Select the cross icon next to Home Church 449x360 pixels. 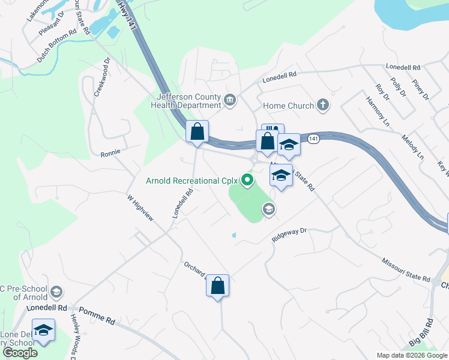tap(323, 106)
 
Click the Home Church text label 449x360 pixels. tap(288, 106)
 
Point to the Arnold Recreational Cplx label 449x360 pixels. tap(192, 180)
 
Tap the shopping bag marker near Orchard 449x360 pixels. tap(218, 286)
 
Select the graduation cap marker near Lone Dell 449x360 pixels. tap(43, 331)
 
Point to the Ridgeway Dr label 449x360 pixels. tap(289, 234)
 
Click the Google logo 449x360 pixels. tap(20, 353)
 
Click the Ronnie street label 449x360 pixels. tap(110, 152)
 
